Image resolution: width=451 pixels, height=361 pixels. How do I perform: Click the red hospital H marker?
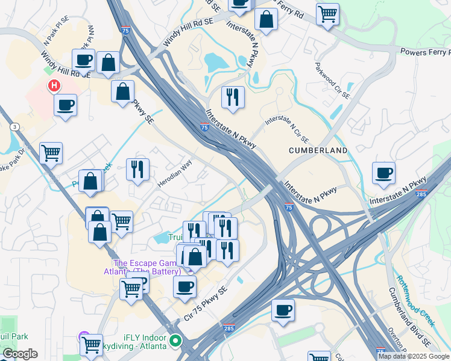coord(54,85)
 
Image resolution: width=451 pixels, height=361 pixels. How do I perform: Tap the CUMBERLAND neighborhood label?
coord(318,150)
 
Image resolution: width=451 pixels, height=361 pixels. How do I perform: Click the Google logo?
coord(20,354)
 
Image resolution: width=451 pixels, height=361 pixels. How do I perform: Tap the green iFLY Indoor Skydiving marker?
coord(175,341)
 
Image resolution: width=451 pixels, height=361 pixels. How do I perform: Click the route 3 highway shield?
coord(14,127)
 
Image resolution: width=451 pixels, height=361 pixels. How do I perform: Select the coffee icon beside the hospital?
coord(65,105)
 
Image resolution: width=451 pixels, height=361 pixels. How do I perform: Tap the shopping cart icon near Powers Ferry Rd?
coord(327,13)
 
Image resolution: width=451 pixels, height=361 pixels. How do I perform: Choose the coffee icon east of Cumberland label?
coord(383,173)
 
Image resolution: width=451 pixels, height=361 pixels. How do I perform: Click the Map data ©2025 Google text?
coord(413,356)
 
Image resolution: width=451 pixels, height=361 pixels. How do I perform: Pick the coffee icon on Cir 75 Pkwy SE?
coord(184,286)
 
